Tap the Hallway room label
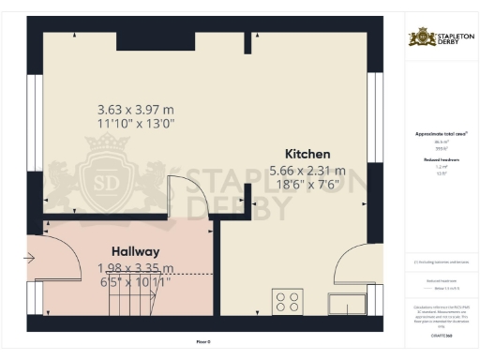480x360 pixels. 136,251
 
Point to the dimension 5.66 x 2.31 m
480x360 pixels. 307,171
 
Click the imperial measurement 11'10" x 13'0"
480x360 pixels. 136,123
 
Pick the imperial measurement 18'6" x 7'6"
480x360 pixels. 307,187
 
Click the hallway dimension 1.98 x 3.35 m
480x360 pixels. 136,267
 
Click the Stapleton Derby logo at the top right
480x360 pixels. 440,37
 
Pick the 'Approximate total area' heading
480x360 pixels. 440,134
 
